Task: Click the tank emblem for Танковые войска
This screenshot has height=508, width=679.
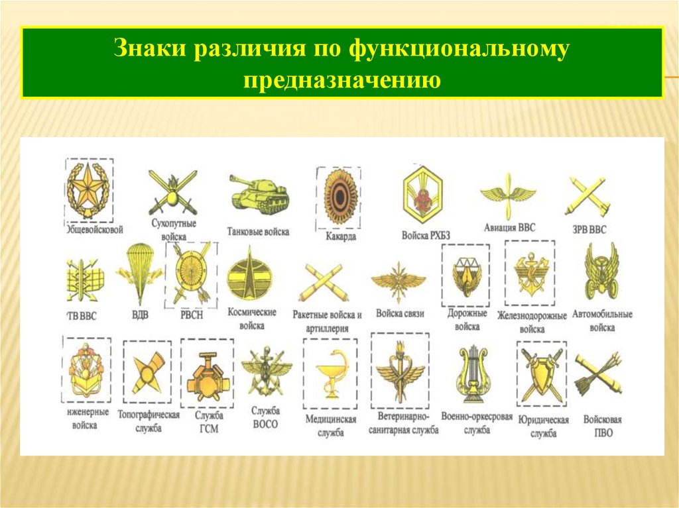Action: click(259, 194)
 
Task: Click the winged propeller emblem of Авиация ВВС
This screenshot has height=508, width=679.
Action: click(507, 194)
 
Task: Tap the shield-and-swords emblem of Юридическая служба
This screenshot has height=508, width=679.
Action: click(540, 374)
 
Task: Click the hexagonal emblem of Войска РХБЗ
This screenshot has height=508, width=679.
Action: click(425, 193)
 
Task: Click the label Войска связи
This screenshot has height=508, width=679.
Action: click(399, 313)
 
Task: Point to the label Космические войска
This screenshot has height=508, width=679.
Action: click(252, 318)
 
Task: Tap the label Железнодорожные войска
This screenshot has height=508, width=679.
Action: click(532, 321)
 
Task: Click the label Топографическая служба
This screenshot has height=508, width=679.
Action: click(149, 421)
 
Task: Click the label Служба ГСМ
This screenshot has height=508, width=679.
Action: click(208, 422)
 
